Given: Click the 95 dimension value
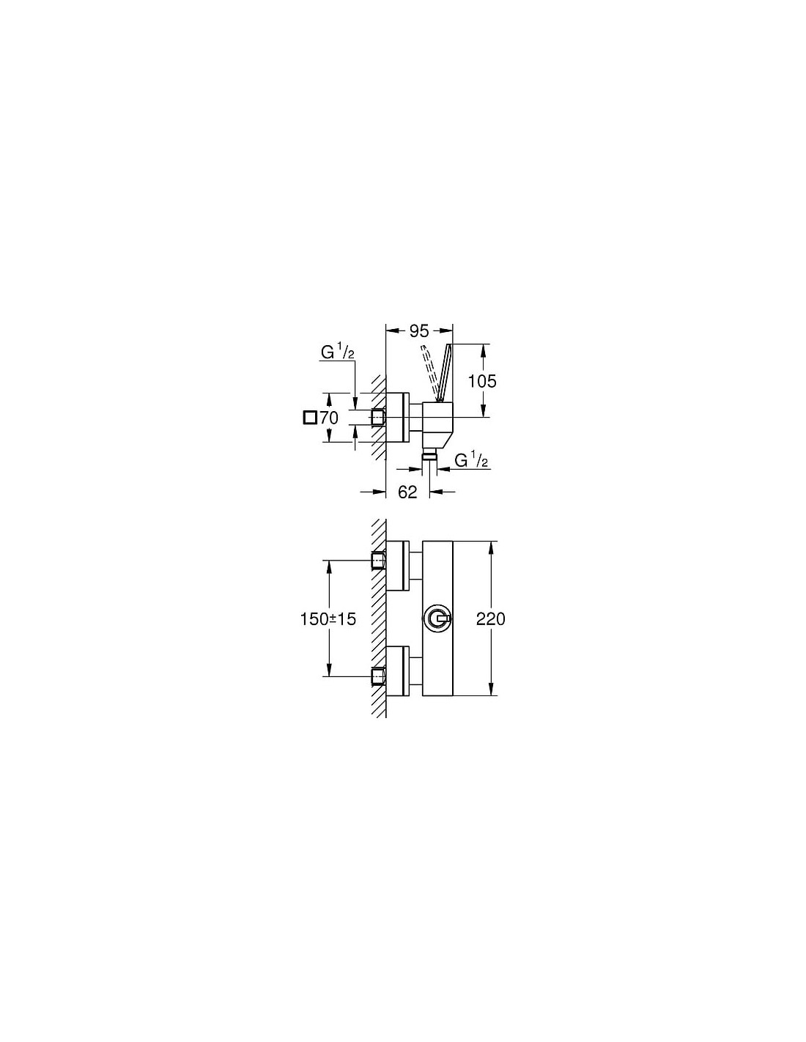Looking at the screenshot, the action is (418, 331).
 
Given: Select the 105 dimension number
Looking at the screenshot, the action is (482, 381).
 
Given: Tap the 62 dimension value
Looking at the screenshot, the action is (407, 492).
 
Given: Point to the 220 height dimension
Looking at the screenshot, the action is (490, 618).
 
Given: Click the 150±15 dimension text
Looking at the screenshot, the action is (328, 619).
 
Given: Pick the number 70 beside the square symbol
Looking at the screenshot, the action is (329, 418).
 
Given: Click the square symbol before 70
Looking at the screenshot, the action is (310, 418).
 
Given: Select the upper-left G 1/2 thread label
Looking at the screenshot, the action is (338, 353).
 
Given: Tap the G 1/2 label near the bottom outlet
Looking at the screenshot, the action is (471, 461).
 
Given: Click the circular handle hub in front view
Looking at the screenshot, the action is (436, 618).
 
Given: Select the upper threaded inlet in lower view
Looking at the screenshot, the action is (379, 560).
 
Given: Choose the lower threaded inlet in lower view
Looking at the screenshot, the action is (379, 676).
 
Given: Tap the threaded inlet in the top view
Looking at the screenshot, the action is (379, 418).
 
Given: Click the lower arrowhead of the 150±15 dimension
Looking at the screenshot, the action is (329, 670).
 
